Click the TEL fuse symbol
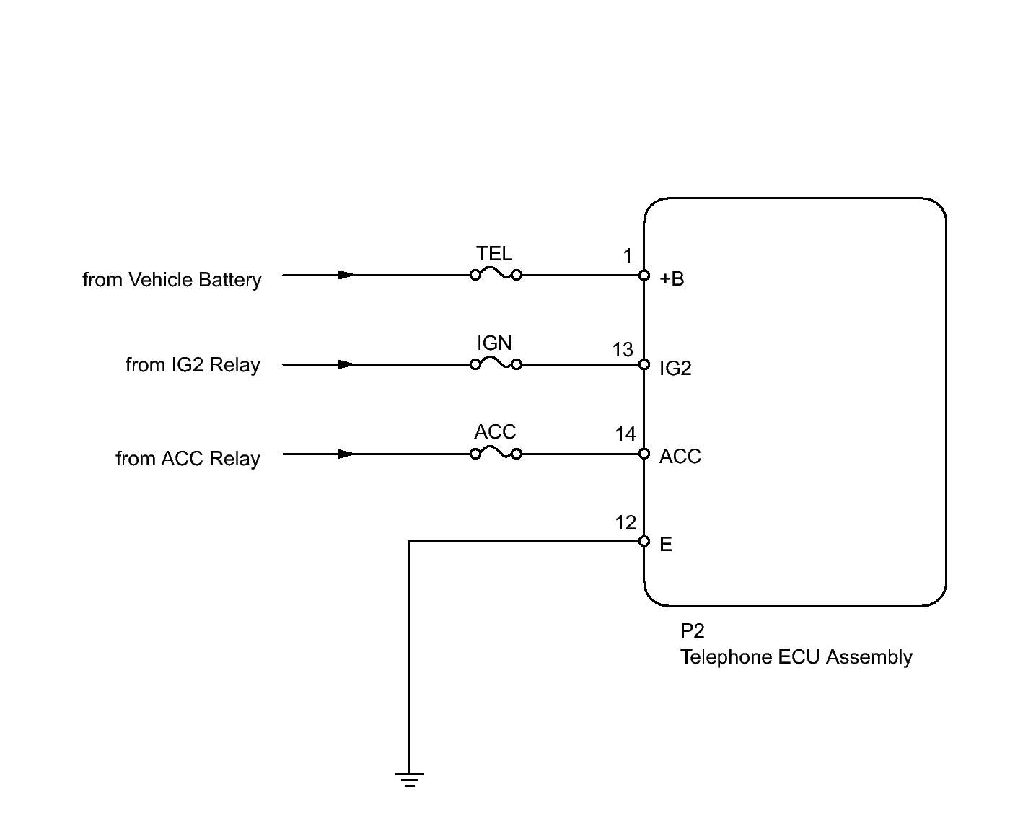[496, 274]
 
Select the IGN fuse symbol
[496, 364]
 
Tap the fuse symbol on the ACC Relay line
[496, 453]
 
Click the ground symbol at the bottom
[409, 780]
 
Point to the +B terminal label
[672, 278]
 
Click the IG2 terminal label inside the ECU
[675, 369]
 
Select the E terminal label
[665, 544]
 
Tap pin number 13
[623, 350]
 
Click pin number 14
[625, 434]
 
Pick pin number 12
[625, 523]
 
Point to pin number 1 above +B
[627, 256]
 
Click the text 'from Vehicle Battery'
[172, 280]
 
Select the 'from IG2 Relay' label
[193, 365]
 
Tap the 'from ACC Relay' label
[188, 458]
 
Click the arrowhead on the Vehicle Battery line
[346, 275]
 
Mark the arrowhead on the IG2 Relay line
[346, 364]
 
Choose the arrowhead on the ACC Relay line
[346, 454]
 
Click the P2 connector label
[693, 630]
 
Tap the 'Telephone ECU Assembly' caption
[796, 657]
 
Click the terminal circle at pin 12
[644, 541]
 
